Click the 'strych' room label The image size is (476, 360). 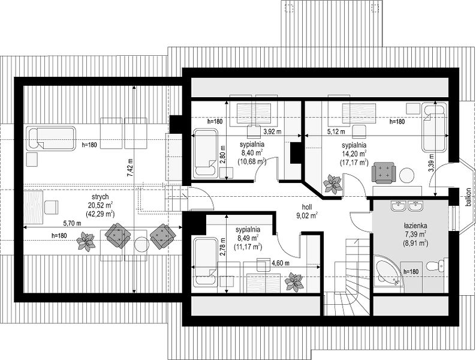coord(100,197)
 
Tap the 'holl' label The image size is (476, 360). coord(306,207)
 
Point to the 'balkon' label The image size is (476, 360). coord(469,197)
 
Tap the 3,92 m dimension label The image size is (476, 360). coord(272,131)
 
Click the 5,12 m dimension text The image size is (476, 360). coord(336,131)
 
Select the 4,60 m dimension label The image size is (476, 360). coord(280,263)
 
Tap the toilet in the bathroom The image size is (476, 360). coord(437,265)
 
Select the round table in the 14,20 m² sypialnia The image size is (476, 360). coord(407,175)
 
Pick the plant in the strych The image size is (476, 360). coord(86,242)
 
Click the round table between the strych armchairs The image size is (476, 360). coord(142,244)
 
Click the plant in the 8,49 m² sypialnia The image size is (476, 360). coord(294,282)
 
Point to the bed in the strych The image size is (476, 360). coord(52,139)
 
